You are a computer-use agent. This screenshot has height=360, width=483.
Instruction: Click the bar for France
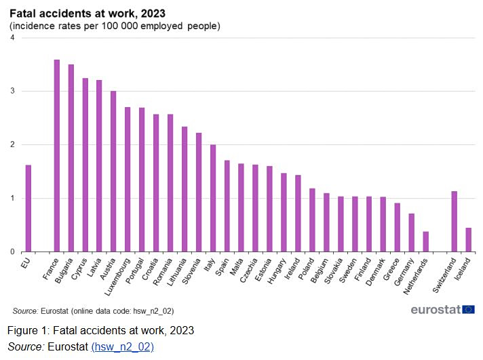pyautogui.click(x=57, y=156)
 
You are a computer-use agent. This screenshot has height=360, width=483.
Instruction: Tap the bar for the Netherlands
pyautogui.click(x=425, y=242)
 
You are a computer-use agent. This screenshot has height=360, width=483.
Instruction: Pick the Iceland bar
pyautogui.click(x=468, y=240)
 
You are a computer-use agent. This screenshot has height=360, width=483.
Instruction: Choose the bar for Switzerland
pyautogui.click(x=454, y=222)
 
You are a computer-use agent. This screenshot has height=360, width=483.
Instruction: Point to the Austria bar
pyautogui.click(x=113, y=172)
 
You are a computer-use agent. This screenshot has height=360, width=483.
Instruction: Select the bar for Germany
pyautogui.click(x=411, y=233)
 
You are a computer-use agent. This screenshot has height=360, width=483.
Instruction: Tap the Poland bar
pyautogui.click(x=312, y=220)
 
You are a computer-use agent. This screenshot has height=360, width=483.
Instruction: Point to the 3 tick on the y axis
pyautogui.click(x=12, y=92)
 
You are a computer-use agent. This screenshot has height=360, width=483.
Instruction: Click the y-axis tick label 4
pyautogui.click(x=12, y=38)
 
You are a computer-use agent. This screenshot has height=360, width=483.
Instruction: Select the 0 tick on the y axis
pyautogui.click(x=12, y=252)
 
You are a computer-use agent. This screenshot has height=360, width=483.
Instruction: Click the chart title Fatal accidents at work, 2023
pyautogui.click(x=87, y=13)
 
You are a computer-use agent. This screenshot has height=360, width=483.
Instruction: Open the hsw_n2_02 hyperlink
pyautogui.click(x=122, y=346)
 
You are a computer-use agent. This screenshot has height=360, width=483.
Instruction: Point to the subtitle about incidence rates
pyautogui.click(x=115, y=26)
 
